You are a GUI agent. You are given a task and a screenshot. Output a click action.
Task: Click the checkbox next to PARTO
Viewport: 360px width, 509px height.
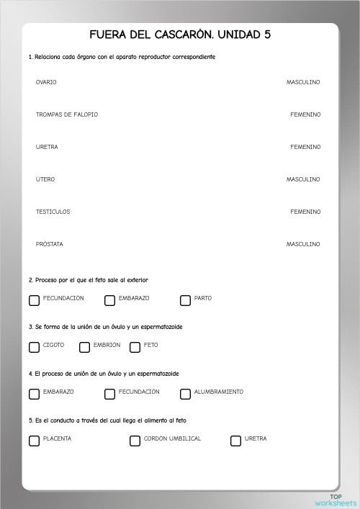point(185,300)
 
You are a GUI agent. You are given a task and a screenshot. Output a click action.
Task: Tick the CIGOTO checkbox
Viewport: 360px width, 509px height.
point(34,347)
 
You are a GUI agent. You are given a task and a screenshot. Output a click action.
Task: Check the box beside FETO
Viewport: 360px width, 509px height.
point(135,347)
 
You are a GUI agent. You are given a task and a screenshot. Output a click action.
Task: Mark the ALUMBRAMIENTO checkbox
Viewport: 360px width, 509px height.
point(185,394)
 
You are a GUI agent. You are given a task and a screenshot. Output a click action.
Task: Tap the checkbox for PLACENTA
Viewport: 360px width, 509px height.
point(34,441)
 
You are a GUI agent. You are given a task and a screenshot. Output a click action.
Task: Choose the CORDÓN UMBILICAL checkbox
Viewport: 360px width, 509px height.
point(135,441)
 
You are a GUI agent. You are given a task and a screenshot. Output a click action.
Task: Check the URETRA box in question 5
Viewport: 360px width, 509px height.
point(235,441)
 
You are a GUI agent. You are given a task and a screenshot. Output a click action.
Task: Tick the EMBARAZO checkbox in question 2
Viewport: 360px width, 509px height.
point(109,300)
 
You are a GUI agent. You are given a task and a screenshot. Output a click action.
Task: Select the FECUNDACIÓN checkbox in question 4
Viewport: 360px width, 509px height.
point(109,394)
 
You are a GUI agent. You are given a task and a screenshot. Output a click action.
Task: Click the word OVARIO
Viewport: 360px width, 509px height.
point(46,82)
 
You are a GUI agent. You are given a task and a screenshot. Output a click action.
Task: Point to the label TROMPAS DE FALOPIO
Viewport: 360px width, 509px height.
point(67,114)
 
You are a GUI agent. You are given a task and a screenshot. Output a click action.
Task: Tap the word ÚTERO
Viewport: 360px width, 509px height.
point(45,179)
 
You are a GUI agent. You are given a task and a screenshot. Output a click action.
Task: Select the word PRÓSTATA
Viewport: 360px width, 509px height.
point(50,244)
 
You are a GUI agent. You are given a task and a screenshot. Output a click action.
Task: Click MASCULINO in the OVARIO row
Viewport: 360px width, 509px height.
point(303,82)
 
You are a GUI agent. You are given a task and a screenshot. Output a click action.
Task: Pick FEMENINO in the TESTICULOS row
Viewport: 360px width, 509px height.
point(305,212)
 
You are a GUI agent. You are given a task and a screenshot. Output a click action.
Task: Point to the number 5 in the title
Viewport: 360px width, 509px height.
point(268,35)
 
